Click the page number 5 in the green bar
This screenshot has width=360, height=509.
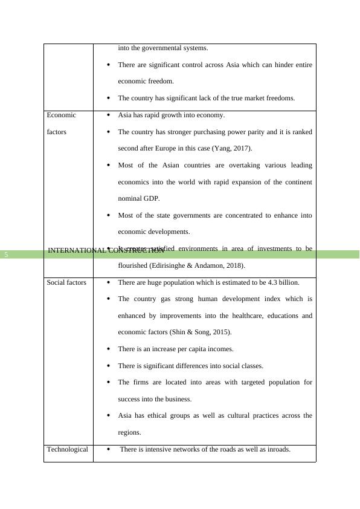[x=6, y=254]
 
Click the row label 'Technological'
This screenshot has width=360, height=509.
[x=67, y=449]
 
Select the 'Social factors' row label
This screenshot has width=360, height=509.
[x=66, y=282]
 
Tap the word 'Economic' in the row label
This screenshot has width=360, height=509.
[x=61, y=115]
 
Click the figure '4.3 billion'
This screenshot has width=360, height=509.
[x=283, y=282]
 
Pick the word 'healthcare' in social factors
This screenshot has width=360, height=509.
[x=248, y=316]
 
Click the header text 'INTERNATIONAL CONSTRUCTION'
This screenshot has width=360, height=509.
[x=106, y=250]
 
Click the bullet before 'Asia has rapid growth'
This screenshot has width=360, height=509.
[x=108, y=115]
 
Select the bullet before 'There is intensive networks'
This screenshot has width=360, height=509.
[x=108, y=450]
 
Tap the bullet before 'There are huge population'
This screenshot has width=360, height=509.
[x=108, y=282]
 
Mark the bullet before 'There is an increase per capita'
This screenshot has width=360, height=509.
[x=108, y=349]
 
